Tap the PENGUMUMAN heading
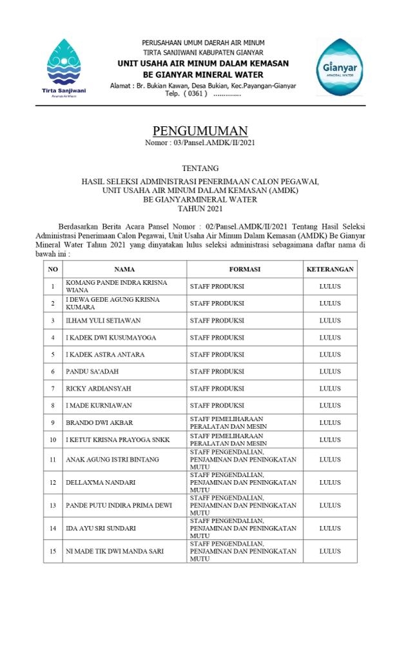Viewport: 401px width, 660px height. [200, 131]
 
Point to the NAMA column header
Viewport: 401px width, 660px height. [124, 269]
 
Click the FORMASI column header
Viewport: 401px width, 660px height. [244, 269]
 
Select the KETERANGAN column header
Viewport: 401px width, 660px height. [329, 269]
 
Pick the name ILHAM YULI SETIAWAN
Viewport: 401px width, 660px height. [103, 320]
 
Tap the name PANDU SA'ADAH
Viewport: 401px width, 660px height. [92, 372]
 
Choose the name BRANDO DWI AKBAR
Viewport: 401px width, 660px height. [99, 423]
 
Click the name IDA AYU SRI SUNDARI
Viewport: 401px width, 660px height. [101, 529]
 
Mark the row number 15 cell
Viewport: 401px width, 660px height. [53, 551]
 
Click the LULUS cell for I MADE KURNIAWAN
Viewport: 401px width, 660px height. [329, 405]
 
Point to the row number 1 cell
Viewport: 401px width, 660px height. [53, 286]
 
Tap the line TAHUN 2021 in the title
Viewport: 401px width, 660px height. [200, 208]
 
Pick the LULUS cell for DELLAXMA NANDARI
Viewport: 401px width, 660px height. [329, 482]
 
